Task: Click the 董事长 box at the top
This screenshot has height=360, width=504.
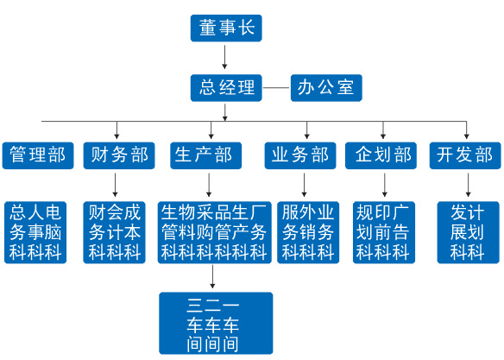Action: click(x=226, y=28)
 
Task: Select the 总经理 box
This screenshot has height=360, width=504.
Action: click(x=226, y=88)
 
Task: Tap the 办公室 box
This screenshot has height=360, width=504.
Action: click(x=326, y=88)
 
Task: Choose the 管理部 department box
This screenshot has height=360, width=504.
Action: click(x=38, y=155)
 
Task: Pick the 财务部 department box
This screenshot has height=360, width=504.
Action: click(x=119, y=155)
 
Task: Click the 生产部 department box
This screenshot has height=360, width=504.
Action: click(x=205, y=155)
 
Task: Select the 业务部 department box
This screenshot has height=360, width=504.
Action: click(x=300, y=155)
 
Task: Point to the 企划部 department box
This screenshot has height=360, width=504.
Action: click(x=381, y=155)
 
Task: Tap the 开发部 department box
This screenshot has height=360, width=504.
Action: click(x=465, y=155)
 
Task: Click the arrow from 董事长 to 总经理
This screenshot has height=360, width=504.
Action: click(x=224, y=57)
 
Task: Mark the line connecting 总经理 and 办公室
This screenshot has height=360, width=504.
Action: click(x=276, y=88)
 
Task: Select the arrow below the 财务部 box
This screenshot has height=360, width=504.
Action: click(x=115, y=185)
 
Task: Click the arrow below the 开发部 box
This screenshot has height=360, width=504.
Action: click(x=468, y=185)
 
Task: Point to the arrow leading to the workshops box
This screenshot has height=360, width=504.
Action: click(x=212, y=276)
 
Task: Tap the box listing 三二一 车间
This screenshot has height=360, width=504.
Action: click(x=216, y=323)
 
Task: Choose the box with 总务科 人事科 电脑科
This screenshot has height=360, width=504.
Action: click(x=35, y=232)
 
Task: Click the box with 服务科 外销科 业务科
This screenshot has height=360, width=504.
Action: click(x=308, y=232)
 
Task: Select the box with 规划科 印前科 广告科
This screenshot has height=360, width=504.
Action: click(x=384, y=232)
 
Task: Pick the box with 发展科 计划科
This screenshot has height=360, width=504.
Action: click(x=468, y=232)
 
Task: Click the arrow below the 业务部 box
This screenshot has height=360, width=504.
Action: click(x=304, y=185)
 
